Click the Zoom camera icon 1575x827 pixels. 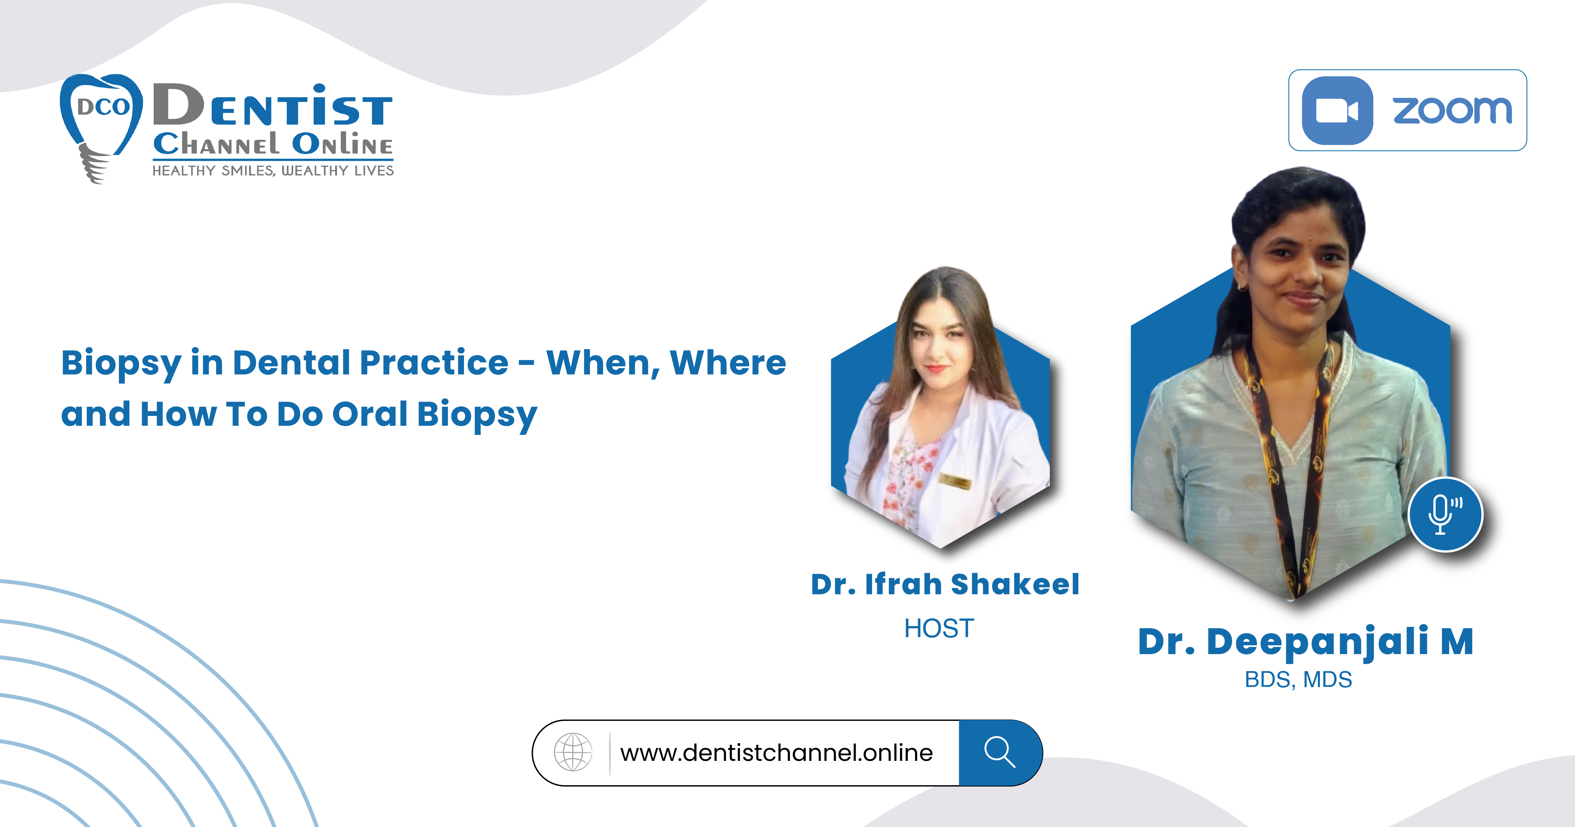pyautogui.click(x=1337, y=111)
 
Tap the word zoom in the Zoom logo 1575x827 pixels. pyautogui.click(x=1452, y=111)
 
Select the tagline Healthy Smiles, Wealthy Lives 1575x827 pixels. pyautogui.click(x=273, y=171)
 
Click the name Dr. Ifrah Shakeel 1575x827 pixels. pyautogui.click(x=944, y=584)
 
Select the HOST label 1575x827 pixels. pyautogui.click(x=939, y=628)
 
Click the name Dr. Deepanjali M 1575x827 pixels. pyautogui.click(x=1305, y=642)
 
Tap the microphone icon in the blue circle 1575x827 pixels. pyautogui.click(x=1445, y=514)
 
